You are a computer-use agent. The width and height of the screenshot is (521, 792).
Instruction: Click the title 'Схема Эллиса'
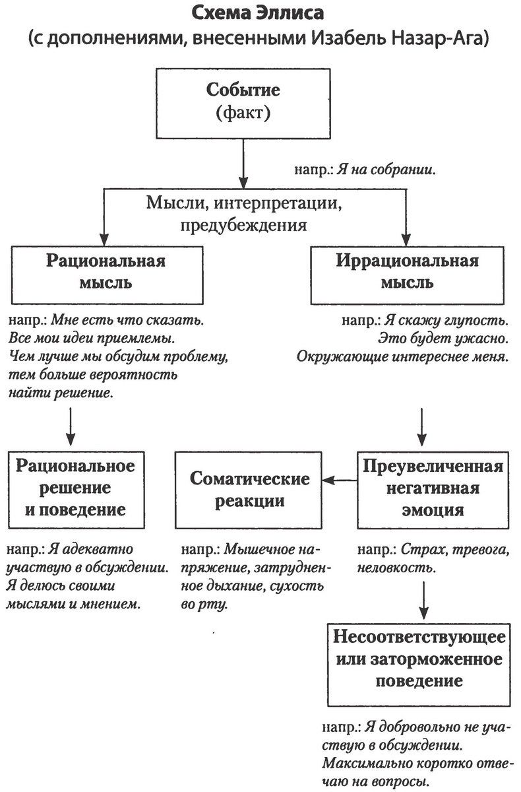[x=260, y=14]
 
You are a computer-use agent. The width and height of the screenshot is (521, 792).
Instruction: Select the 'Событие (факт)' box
[x=243, y=103]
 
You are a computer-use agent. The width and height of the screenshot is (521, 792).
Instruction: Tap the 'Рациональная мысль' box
[x=106, y=271]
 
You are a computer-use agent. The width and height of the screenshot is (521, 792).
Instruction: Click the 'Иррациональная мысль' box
[x=406, y=271]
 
